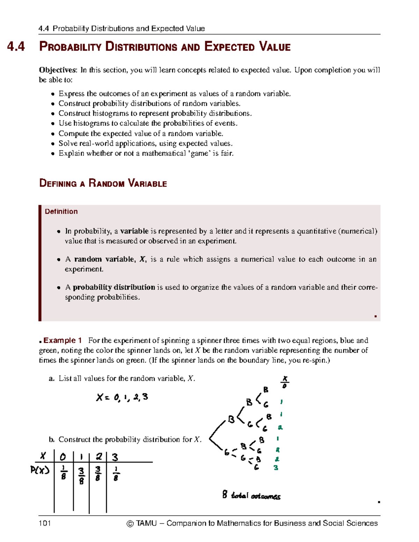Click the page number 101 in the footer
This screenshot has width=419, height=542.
tap(45, 523)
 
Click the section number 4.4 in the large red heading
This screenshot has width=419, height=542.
tap(16, 46)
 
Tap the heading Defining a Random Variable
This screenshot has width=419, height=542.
tap(103, 183)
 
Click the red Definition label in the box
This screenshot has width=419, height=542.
tap(61, 211)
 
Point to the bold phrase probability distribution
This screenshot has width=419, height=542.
tap(114, 287)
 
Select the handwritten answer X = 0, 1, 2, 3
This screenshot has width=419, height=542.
tap(122, 397)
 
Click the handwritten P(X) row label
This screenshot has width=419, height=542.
tap(40, 470)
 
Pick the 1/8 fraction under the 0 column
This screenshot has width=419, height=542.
tap(64, 472)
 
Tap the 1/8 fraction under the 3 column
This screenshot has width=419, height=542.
tap(116, 474)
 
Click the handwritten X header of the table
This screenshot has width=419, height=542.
tap(43, 456)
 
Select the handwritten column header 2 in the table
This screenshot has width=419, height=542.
tap(99, 456)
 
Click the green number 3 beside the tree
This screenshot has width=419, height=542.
tap(276, 468)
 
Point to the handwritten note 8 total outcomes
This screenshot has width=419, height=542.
tap(251, 495)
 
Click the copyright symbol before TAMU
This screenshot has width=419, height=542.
tap(130, 524)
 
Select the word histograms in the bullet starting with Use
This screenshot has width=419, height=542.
tap(91, 123)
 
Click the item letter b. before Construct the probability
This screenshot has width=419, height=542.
tap(52, 440)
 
